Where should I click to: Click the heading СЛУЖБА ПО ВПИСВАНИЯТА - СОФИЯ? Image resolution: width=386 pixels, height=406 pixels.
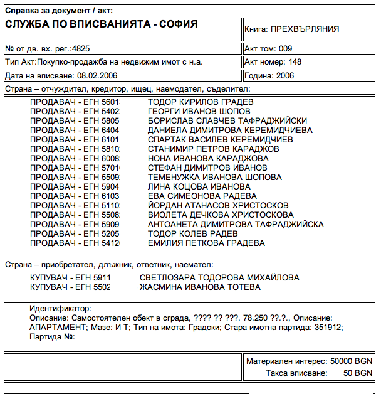101,24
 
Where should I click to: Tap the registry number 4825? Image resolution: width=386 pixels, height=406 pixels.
82,48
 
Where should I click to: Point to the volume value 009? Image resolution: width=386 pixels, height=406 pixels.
285,48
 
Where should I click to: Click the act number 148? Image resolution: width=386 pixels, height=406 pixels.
295,62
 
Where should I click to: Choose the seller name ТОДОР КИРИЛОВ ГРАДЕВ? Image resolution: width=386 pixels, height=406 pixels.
201,102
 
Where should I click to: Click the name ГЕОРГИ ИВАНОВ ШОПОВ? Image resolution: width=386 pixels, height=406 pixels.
199,112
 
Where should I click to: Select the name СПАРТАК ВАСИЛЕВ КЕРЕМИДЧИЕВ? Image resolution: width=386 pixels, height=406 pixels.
220,139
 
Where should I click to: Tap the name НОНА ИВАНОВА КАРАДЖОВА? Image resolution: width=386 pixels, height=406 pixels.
208,159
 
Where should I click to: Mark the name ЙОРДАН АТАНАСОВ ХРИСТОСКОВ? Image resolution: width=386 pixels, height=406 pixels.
218,206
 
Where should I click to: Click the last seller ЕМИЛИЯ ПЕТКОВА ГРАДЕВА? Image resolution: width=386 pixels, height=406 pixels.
206,243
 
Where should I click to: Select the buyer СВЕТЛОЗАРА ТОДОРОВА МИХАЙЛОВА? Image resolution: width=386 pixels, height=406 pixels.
219,278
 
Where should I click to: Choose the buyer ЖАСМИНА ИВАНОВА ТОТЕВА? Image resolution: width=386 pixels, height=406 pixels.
200,287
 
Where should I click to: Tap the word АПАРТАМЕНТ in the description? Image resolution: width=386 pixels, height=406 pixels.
58,328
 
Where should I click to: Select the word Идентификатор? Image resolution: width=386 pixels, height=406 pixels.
60,309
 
